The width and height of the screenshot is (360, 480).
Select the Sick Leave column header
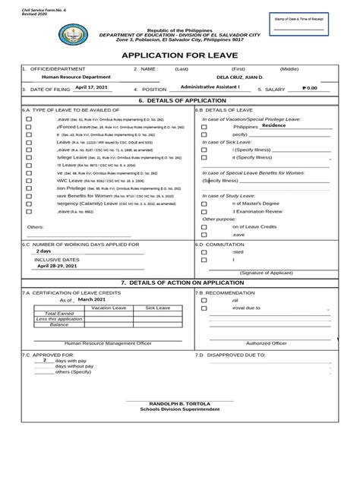tap(157, 308)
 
